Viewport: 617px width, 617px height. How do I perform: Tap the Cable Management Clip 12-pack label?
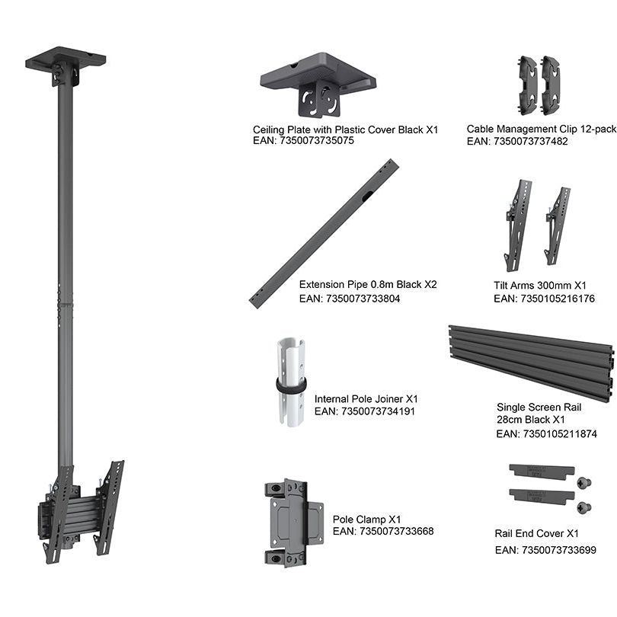coord(542,129)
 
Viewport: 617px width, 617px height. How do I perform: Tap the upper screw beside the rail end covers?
coord(584,482)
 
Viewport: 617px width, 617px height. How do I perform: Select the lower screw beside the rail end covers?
coord(584,507)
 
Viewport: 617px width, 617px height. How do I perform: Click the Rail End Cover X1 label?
coord(536,534)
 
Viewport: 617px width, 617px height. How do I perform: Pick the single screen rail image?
coord(531,363)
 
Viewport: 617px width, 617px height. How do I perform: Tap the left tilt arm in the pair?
coord(518,225)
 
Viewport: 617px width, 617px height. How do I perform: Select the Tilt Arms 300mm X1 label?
coord(540,285)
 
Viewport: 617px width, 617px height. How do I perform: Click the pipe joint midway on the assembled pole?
coord(66,304)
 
